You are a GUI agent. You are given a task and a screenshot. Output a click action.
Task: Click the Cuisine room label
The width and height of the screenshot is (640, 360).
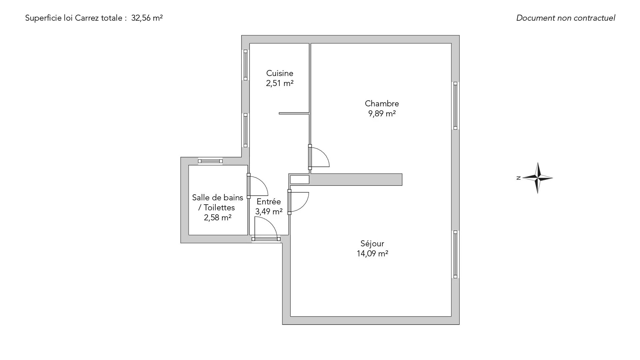(280, 73)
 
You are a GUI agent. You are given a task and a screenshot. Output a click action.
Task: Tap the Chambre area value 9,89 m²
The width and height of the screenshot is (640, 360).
(382, 114)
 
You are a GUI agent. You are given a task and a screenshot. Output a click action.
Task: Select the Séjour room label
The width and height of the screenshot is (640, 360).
(372, 244)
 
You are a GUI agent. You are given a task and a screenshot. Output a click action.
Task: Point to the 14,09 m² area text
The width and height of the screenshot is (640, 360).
(372, 254)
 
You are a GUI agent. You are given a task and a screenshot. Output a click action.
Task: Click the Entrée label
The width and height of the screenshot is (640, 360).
(269, 202)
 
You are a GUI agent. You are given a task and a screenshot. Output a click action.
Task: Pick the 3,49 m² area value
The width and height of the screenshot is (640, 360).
(269, 212)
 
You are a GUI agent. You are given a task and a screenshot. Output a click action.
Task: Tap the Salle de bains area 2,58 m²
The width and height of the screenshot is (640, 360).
(218, 218)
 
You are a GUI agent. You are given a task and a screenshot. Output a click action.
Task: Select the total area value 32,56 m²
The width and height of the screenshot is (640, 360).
(147, 18)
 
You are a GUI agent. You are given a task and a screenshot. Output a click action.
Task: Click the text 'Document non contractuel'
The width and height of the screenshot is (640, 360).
(566, 18)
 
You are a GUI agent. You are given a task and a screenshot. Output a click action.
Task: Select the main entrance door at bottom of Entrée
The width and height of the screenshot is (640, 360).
(266, 239)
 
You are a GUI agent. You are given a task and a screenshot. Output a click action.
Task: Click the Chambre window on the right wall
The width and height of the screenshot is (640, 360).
(455, 106)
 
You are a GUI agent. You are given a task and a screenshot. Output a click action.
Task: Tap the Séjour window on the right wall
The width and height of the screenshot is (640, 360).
(455, 254)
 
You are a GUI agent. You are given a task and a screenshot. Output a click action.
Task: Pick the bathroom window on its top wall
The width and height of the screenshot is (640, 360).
(210, 161)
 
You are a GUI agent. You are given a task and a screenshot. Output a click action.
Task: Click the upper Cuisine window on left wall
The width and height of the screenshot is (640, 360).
(246, 65)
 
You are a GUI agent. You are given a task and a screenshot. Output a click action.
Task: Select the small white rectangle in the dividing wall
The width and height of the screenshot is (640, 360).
(300, 180)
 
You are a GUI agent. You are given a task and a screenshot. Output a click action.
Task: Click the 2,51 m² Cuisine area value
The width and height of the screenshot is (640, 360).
(280, 83)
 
